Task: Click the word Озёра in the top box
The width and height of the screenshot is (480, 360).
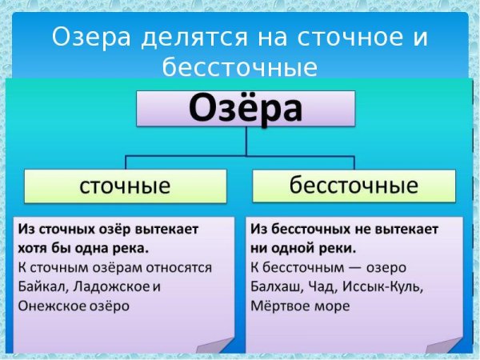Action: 246,109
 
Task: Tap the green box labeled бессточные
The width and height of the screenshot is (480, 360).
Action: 354,186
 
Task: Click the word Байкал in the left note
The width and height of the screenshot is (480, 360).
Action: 39,286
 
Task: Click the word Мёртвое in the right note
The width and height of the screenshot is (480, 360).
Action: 281,305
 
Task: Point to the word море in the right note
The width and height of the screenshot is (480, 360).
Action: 334,305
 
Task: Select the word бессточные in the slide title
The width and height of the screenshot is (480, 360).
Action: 240,66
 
